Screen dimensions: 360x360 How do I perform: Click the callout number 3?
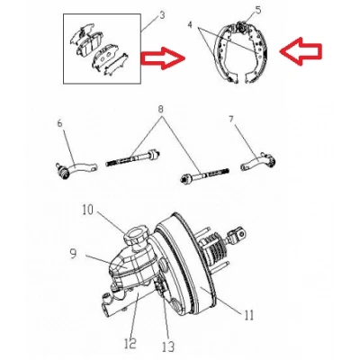pos(162,15)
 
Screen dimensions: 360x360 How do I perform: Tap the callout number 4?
pos(190,24)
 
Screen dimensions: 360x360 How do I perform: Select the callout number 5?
pos(258,10)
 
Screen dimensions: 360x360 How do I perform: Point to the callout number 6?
pos(59,123)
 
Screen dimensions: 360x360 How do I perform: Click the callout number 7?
pos(230,120)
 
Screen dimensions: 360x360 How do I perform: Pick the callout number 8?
pos(161,109)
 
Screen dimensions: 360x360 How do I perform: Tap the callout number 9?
pos(73,254)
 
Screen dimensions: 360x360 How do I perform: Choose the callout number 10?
pos(88,211)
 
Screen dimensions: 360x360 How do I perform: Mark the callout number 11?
pos(248,315)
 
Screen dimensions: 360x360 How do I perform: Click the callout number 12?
pos(131,343)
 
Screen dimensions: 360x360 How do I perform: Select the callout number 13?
pos(168,347)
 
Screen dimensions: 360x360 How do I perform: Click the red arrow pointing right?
pos(163,58)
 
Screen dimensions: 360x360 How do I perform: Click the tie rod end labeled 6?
pos(76,169)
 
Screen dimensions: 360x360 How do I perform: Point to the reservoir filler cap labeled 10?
pos(137,236)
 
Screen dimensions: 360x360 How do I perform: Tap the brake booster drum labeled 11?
pos(187,264)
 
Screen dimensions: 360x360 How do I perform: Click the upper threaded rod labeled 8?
pos(133,158)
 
